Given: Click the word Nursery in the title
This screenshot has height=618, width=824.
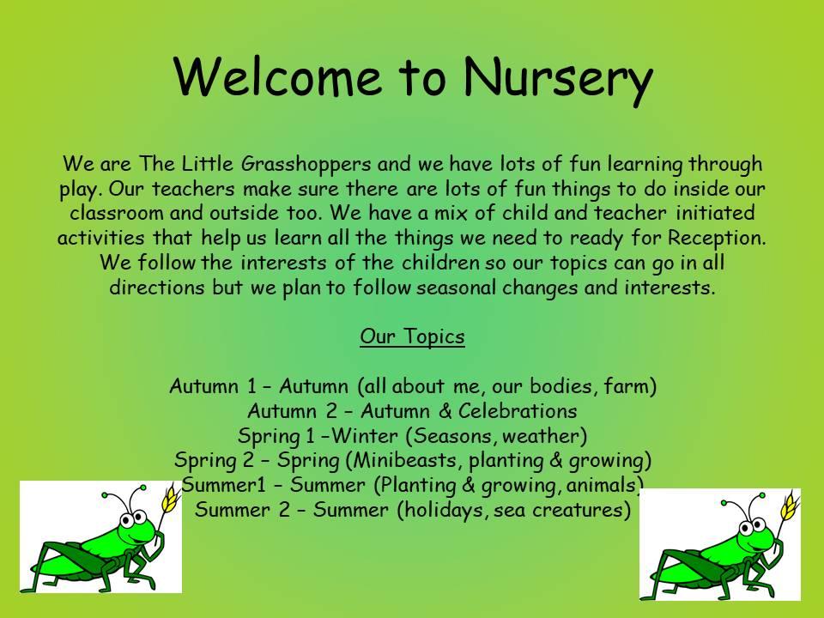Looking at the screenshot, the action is point(558,78).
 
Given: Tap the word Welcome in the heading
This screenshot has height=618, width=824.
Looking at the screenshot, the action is point(277,76).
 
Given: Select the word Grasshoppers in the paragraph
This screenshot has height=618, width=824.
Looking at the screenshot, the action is point(306,165).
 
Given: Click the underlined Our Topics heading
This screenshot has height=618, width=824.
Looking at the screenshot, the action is point(413,336).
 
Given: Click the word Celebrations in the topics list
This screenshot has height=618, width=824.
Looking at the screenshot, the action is point(518,410).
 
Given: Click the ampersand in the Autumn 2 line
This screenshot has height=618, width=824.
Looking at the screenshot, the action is point(445,411).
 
